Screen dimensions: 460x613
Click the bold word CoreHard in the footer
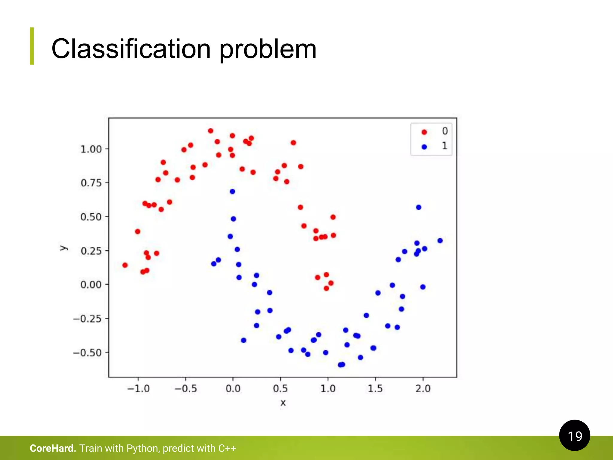52,448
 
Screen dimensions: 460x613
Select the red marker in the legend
424,132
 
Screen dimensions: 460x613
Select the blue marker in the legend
424,147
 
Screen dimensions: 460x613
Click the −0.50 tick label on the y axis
87,352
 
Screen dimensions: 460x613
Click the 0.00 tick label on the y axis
91,285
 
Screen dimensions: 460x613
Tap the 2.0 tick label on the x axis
423,389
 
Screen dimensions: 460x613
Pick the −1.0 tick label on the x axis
138,389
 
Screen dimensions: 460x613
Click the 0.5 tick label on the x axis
280,389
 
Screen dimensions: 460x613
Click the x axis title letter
283,403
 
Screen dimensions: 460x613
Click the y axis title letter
64,248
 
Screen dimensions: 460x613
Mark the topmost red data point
210,131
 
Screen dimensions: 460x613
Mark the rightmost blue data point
440,240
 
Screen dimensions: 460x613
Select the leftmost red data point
125,265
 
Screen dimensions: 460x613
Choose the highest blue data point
232,191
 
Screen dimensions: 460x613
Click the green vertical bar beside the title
32,46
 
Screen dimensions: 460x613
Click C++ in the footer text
227,448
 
